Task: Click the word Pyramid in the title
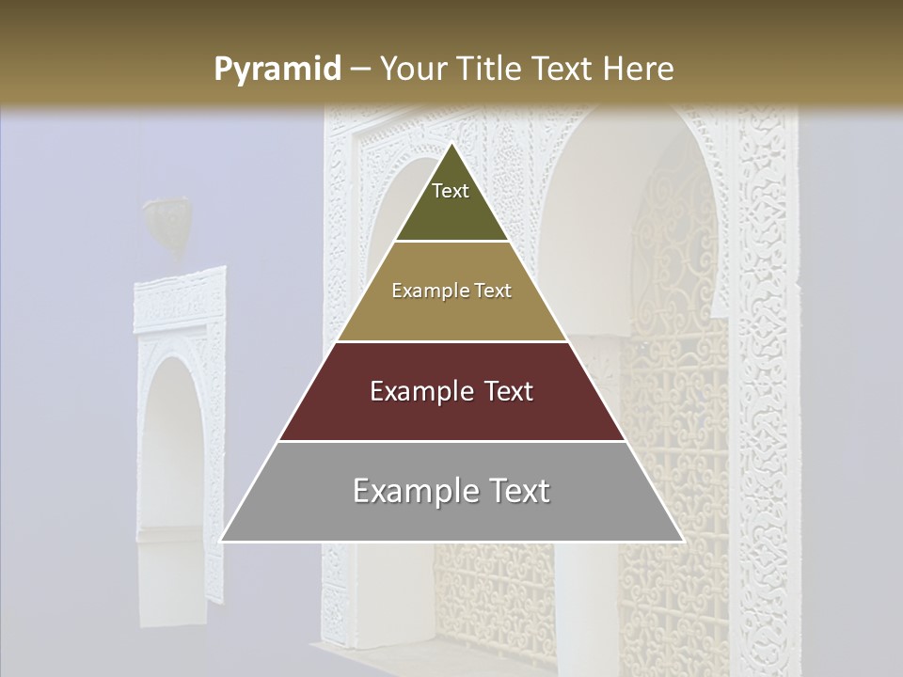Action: click(277, 69)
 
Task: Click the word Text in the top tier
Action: click(451, 191)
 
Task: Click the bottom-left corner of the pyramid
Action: click(221, 541)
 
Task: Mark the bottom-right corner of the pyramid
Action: click(683, 541)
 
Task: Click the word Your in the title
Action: click(411, 69)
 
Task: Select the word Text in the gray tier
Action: click(516, 491)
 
